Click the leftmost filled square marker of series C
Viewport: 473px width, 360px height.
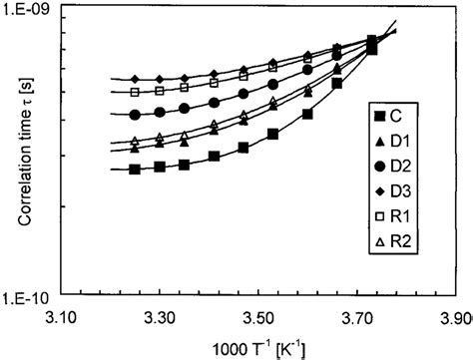135,169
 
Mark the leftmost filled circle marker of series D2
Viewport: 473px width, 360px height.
135,113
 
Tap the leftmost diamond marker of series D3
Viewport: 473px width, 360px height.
135,78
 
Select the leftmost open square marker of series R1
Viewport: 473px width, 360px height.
135,91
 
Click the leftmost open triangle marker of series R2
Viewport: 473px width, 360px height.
135,141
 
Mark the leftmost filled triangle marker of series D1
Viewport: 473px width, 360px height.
135,149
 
